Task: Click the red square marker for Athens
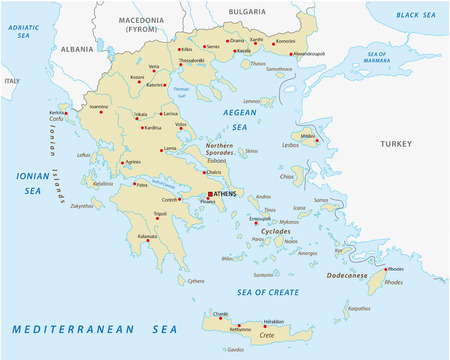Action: point(209,194)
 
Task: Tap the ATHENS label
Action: point(227,194)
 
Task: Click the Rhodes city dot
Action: point(385,269)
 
